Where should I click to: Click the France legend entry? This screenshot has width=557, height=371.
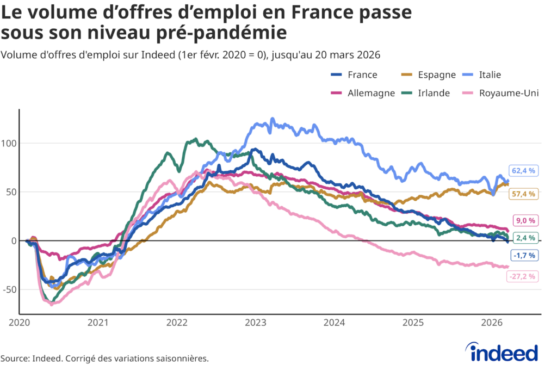[354, 75]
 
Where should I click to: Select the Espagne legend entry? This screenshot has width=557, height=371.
[428, 75]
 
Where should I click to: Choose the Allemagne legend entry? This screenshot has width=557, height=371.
[363, 93]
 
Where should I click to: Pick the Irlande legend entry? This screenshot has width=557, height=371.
[426, 93]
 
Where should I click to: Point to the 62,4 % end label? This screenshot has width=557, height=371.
[523, 171]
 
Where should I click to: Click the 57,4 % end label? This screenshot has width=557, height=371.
[523, 194]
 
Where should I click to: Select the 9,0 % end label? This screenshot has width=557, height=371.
[523, 220]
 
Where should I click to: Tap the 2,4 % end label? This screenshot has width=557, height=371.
[523, 238]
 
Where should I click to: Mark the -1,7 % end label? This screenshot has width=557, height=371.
[523, 255]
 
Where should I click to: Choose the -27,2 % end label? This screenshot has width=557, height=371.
[523, 276]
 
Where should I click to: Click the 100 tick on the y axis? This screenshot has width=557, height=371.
[9, 144]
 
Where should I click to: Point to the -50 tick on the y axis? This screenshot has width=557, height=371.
[9, 289]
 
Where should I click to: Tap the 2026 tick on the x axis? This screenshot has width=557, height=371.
[492, 323]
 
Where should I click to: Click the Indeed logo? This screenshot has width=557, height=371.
[503, 353]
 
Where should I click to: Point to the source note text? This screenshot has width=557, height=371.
[104, 358]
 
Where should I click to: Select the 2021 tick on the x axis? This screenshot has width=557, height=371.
[98, 323]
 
